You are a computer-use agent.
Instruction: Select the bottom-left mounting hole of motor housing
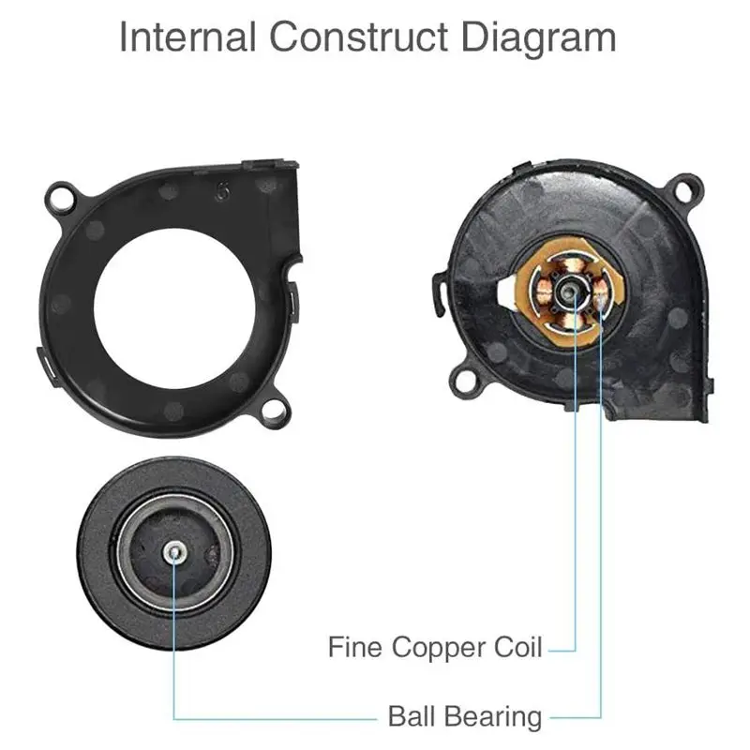(x=461, y=380)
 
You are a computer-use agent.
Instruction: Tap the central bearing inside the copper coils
(x=568, y=292)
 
